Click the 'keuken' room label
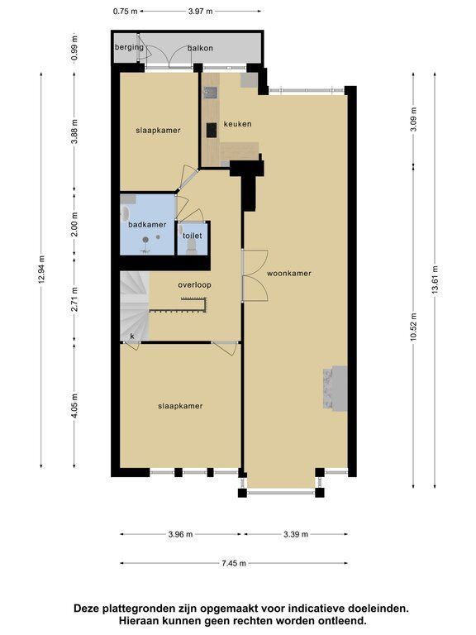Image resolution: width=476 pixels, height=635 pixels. (x=238, y=124)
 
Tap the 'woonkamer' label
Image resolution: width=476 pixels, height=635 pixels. (x=289, y=274)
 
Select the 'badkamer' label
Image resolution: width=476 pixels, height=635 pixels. (x=147, y=224)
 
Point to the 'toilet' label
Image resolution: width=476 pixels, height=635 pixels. (x=193, y=236)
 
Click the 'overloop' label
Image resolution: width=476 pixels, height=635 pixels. (x=195, y=285)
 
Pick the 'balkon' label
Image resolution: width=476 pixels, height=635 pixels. (x=200, y=48)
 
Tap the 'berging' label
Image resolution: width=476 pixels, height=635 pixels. (x=129, y=47)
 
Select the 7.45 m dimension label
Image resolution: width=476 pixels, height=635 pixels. (x=234, y=563)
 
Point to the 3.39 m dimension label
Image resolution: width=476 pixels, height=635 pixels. (x=296, y=534)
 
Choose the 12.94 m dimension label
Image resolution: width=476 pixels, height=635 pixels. (x=41, y=270)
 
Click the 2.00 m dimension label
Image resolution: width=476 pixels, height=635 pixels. (x=74, y=224)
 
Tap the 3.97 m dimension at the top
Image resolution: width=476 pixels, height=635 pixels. (x=200, y=12)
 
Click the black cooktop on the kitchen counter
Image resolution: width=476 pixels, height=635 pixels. (x=212, y=130)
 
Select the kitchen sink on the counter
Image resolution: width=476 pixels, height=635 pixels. (x=211, y=93)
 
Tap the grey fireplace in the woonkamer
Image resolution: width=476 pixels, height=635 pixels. (x=336, y=389)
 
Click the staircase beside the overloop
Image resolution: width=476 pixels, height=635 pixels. (x=135, y=306)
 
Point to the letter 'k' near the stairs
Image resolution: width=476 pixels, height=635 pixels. (x=132, y=337)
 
